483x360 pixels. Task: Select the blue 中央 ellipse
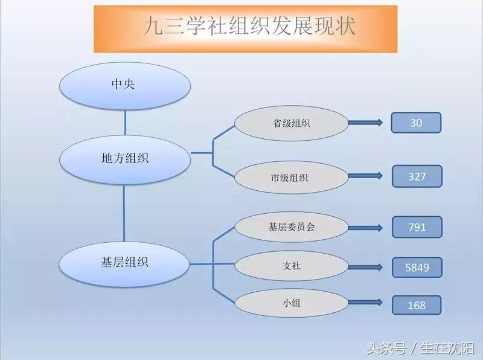(x=125, y=84)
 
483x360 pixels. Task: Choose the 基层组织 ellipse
(x=125, y=263)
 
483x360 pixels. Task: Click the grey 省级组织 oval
(x=292, y=123)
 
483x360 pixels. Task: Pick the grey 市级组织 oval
(x=292, y=177)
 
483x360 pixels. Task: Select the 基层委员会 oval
(x=292, y=227)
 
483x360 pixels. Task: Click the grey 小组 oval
(x=292, y=304)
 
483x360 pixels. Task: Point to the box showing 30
(x=416, y=123)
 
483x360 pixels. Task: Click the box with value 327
(x=417, y=176)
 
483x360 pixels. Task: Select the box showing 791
(x=417, y=227)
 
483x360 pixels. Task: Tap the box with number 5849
(x=417, y=267)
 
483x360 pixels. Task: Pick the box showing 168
(x=417, y=305)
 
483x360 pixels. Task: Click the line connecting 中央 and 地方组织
(x=125, y=122)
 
